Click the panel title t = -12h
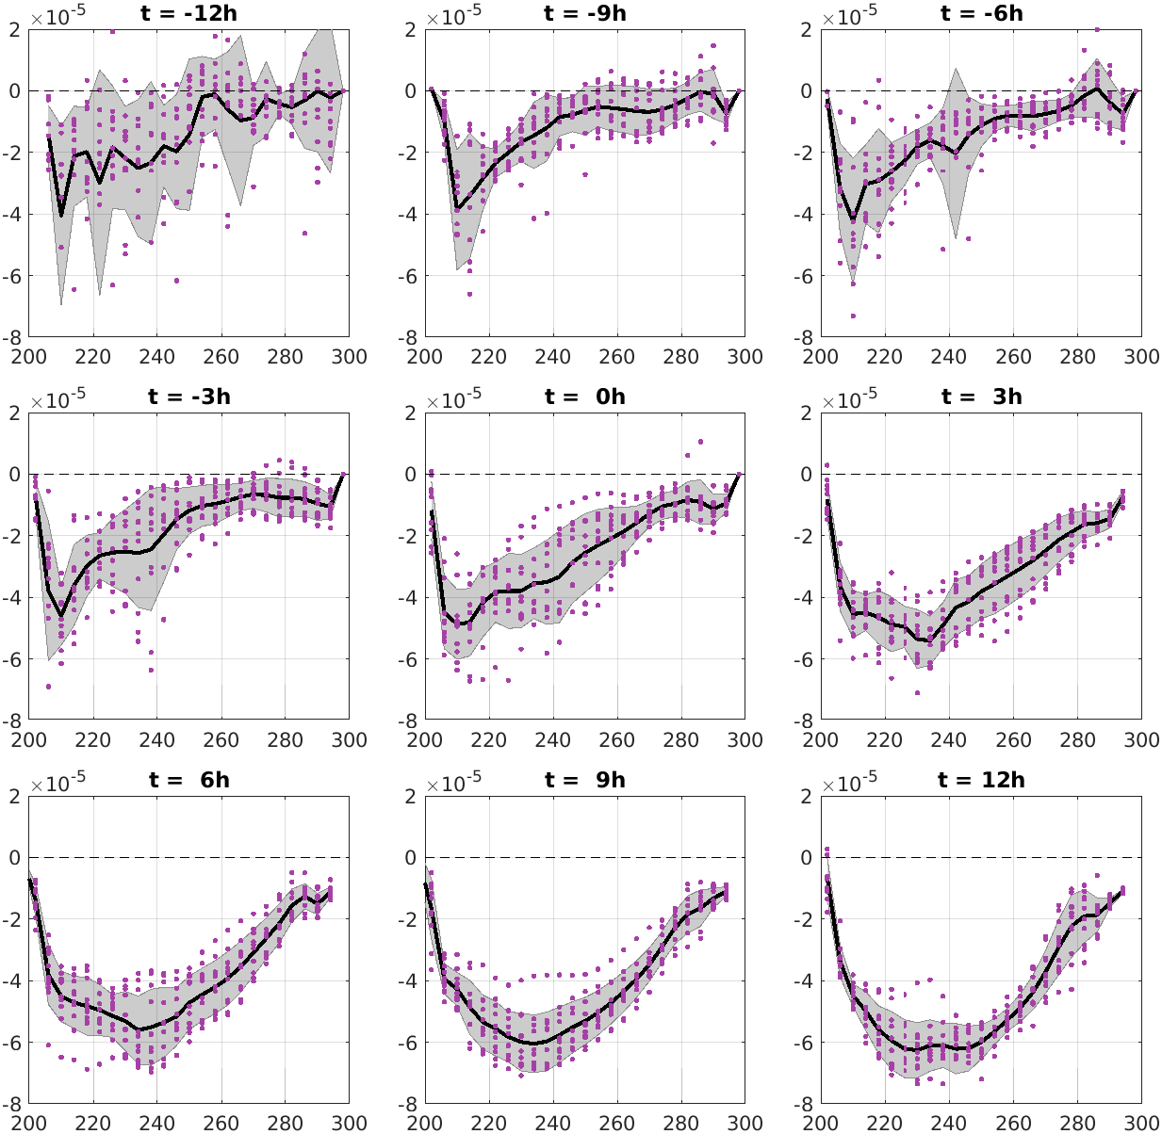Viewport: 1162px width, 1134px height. click(x=189, y=13)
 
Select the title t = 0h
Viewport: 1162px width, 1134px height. click(x=585, y=397)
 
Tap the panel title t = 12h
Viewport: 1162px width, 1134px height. click(x=981, y=780)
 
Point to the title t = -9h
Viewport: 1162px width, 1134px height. click(x=585, y=13)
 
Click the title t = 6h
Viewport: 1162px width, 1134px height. click(x=189, y=780)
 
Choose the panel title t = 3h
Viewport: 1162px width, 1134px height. click(x=981, y=397)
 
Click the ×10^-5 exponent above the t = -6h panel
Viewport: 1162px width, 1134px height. click(x=852, y=17)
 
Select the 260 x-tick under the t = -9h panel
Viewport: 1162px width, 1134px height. click(x=617, y=357)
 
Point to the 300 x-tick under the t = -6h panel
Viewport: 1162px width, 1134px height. click(x=1141, y=357)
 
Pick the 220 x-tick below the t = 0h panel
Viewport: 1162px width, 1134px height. click(x=489, y=740)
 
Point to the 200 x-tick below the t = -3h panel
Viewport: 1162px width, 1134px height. click(x=29, y=740)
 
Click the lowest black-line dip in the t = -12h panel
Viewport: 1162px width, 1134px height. click(x=61, y=216)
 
